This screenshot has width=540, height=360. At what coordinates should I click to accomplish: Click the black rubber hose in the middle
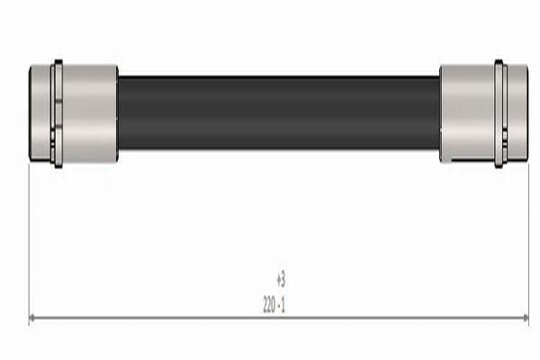(279, 113)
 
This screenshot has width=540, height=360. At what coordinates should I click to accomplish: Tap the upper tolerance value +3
(281, 280)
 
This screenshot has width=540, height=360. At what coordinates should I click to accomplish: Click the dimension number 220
(269, 305)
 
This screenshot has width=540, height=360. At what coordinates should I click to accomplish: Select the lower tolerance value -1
(282, 305)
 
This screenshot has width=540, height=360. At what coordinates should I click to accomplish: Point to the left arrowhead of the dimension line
(32, 318)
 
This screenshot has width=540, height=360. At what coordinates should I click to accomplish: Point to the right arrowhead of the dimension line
(526, 318)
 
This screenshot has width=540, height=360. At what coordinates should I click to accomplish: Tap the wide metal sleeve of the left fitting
(90, 113)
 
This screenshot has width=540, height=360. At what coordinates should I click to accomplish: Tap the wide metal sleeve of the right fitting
(467, 113)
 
